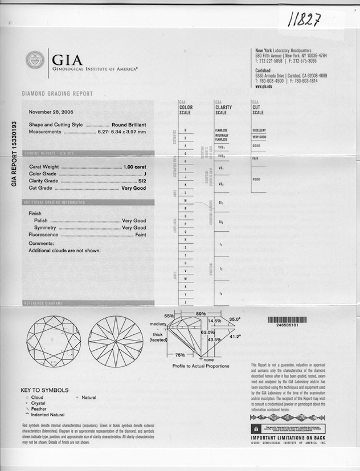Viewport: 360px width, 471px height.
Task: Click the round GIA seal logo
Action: point(35,60)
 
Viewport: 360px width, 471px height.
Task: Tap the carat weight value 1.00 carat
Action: point(135,166)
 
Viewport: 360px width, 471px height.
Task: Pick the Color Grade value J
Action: point(145,173)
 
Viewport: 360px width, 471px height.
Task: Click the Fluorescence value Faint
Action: point(140,235)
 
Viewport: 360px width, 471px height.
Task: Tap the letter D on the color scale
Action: point(186,130)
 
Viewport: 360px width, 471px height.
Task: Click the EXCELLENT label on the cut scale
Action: point(259,130)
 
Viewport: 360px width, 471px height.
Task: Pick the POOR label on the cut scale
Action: point(256,179)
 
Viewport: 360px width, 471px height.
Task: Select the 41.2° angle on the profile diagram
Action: point(234,337)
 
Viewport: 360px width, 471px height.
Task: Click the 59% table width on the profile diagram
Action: point(201,313)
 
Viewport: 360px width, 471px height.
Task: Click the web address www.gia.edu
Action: point(263,87)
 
